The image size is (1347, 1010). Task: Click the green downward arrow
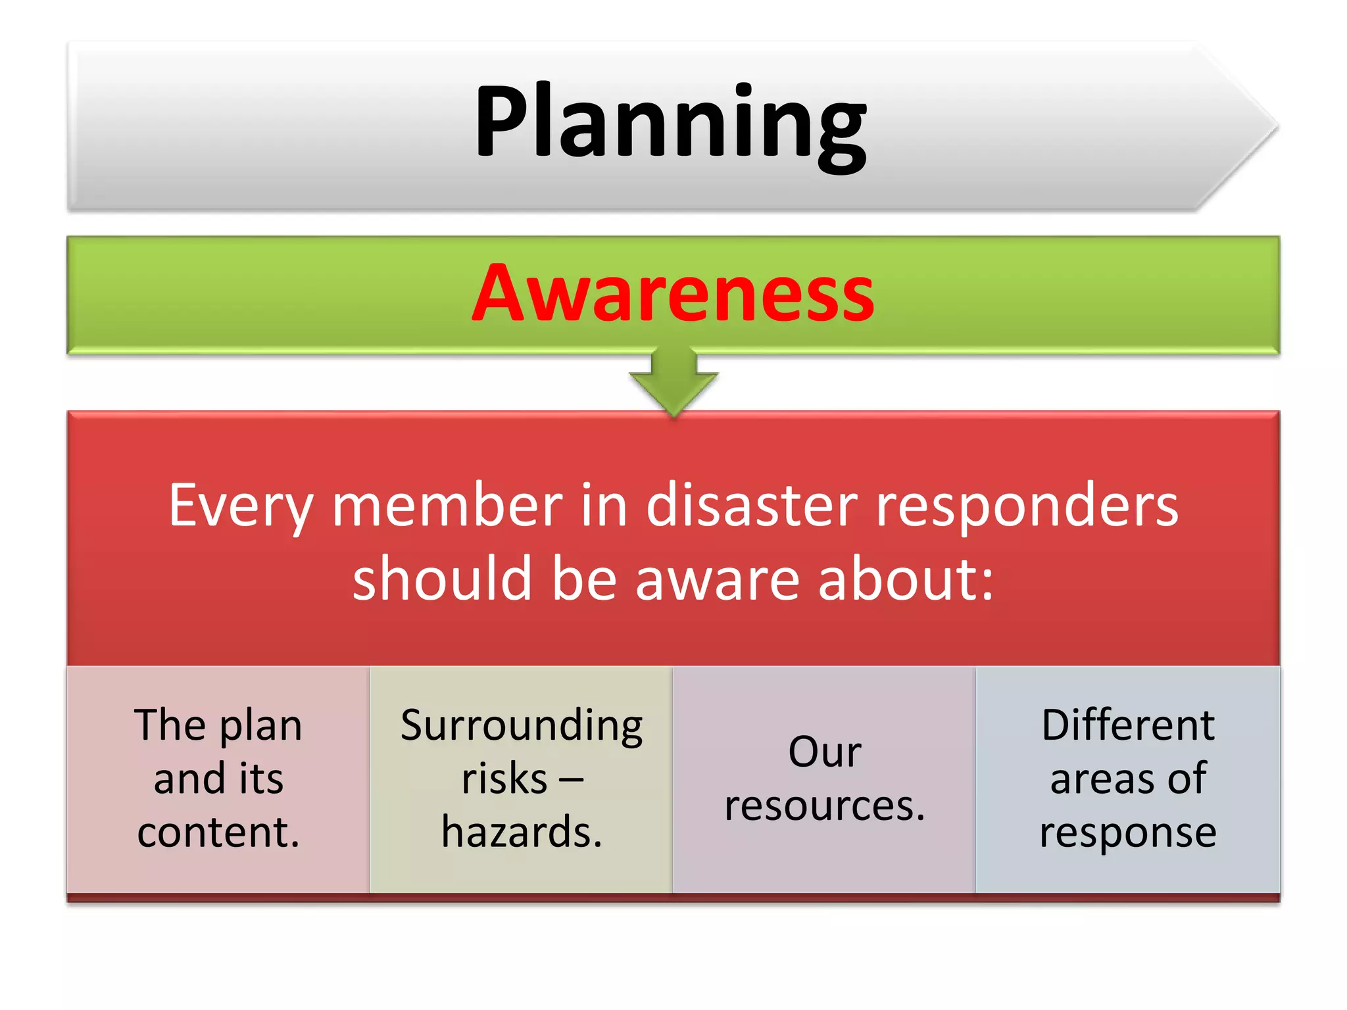coord(673,381)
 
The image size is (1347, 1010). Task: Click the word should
coord(441,578)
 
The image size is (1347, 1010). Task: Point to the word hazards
coord(522,832)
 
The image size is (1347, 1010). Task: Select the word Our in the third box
coord(824,752)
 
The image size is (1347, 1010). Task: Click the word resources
coord(824,806)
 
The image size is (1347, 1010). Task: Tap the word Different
coord(1128,725)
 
